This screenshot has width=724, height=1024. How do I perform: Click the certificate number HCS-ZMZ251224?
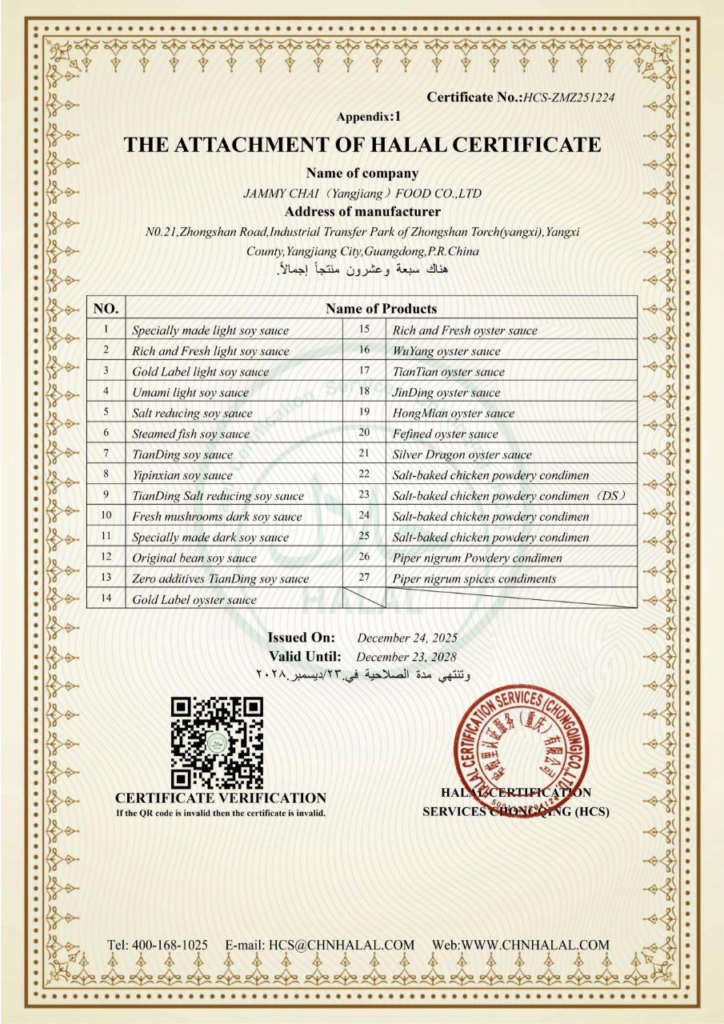(569, 98)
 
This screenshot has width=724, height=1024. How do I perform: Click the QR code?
(218, 742)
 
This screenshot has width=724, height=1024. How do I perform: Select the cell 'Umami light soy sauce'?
(190, 392)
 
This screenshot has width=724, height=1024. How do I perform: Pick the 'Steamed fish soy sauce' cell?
(190, 434)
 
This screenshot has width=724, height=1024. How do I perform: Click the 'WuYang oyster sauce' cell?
(446, 350)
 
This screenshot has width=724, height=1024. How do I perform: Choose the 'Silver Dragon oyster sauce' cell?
(462, 454)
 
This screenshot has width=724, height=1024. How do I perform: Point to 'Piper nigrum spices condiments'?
(474, 578)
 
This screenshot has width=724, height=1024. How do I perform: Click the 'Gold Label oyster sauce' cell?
(194, 599)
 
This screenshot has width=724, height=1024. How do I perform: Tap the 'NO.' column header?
(106, 308)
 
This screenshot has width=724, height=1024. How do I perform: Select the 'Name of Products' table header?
(381, 308)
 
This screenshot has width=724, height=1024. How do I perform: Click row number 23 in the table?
(364, 495)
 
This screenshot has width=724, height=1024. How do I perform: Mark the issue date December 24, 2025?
(407, 638)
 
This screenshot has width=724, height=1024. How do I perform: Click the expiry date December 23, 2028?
(407, 657)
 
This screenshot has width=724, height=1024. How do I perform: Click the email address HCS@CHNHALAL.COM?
(342, 945)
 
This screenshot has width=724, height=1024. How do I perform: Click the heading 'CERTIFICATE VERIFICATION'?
(221, 798)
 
